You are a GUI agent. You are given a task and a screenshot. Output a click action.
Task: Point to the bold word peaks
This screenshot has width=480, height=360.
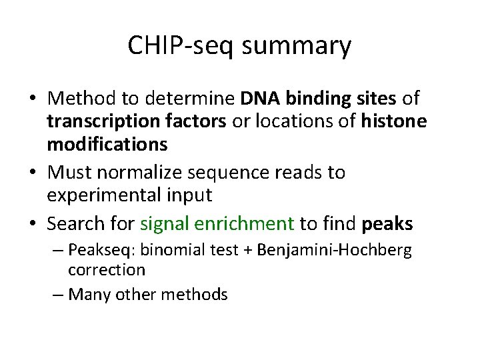click(387, 224)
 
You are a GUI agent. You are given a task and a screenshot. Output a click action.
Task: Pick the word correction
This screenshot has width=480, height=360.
click(106, 270)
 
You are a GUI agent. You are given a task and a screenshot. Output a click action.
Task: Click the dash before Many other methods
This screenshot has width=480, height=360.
click(58, 293)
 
